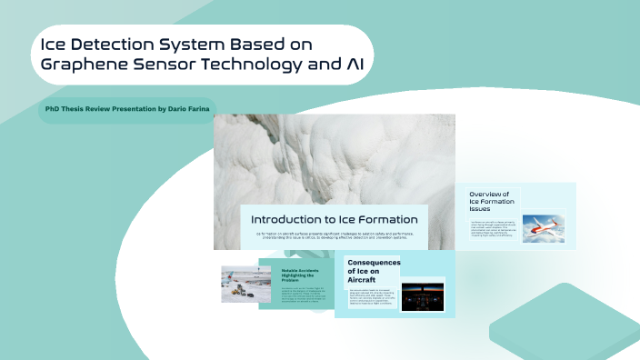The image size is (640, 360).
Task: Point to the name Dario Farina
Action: [x=186, y=108]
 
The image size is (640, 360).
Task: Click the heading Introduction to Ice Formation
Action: [x=333, y=219]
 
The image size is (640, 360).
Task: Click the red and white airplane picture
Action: [x=544, y=227]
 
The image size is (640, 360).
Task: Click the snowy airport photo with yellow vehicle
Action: [x=240, y=283]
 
